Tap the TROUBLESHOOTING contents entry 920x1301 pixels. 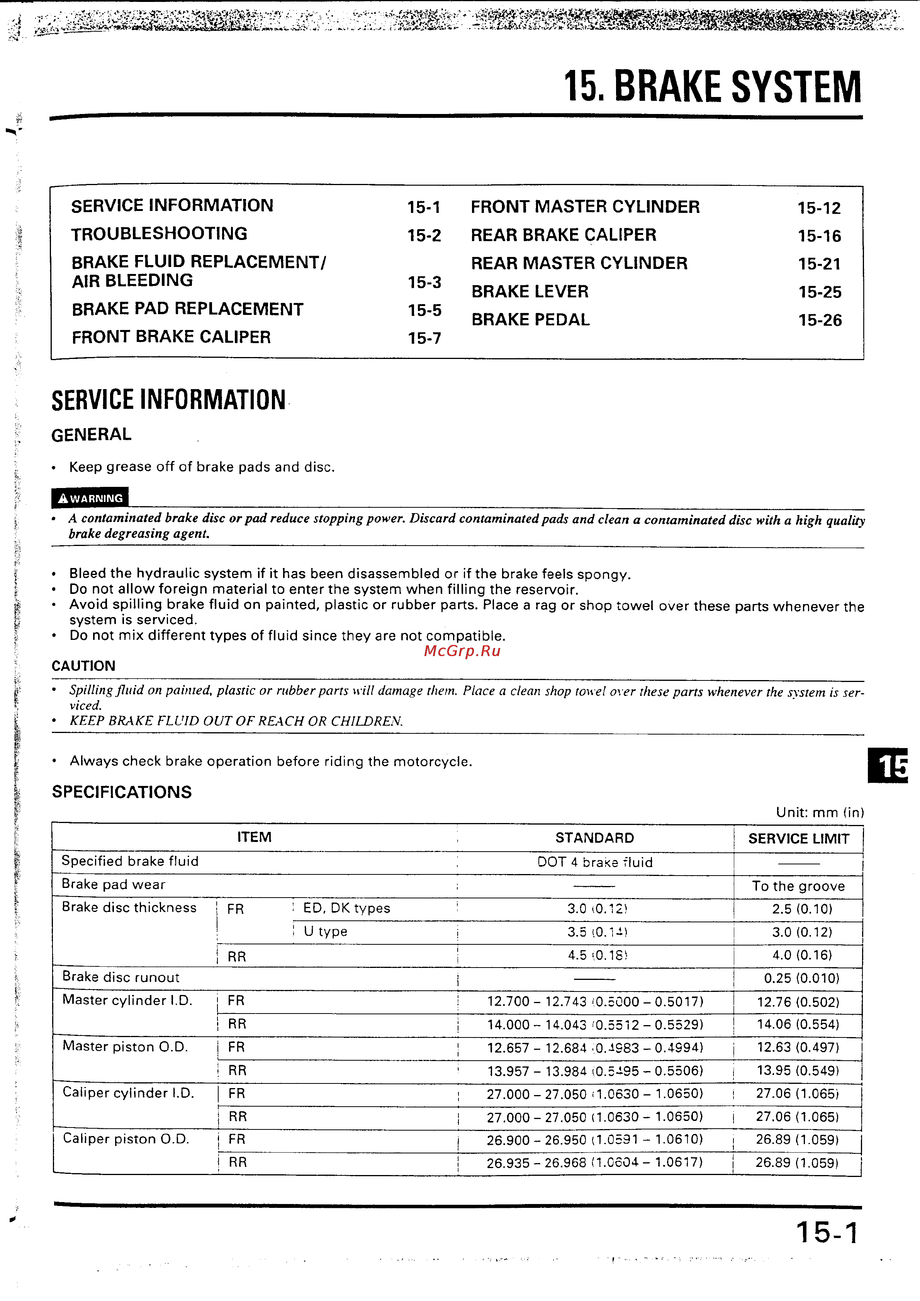point(159,233)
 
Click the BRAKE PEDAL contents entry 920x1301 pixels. point(530,320)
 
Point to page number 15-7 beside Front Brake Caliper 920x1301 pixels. point(424,338)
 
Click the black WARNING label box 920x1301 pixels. point(90,498)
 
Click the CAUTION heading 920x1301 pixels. point(83,666)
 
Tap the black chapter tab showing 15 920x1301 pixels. point(888,765)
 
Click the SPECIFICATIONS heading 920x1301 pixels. point(122,792)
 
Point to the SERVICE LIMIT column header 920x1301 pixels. point(798,838)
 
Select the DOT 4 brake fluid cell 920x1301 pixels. point(595,862)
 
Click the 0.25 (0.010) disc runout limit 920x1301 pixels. point(801,978)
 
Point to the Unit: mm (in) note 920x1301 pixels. point(820,812)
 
